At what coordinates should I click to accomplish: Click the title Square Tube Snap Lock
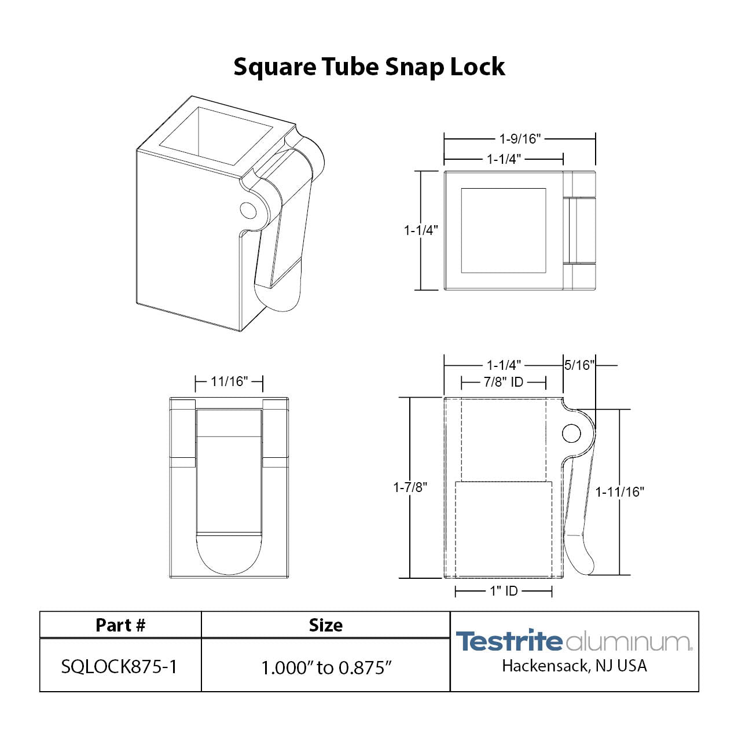point(369,67)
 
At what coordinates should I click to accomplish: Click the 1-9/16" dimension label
point(520,139)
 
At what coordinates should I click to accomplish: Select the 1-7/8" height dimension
point(410,487)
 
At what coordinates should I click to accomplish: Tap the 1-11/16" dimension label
point(619,492)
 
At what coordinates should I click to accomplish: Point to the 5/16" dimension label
point(579,365)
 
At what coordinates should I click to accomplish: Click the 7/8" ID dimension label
point(504,382)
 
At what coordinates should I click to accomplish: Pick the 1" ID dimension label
point(504,591)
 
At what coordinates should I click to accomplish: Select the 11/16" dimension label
point(229,382)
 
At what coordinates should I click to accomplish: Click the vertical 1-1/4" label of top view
point(421,230)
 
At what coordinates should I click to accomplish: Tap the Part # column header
point(120,625)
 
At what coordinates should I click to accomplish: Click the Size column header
point(325,625)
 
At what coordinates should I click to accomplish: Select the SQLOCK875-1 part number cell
point(119,667)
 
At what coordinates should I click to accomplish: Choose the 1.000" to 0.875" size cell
point(326,667)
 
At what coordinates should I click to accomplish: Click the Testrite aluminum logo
point(574,641)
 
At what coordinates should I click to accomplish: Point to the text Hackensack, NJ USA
point(574,666)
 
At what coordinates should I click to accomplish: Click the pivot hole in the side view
point(571,433)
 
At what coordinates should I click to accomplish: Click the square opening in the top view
point(503,230)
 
